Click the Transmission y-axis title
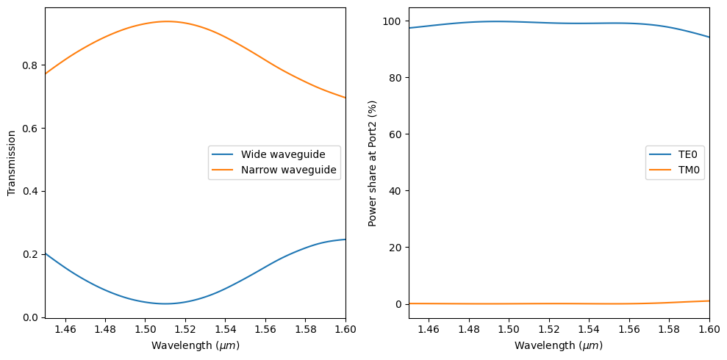pyautogui.click(x=12, y=163)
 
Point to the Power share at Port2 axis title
pyautogui.click(x=373, y=163)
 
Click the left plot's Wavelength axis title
pyautogui.click(x=196, y=345)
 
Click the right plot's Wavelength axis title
pyautogui.click(x=559, y=345)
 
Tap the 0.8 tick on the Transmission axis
pyautogui.click(x=29, y=65)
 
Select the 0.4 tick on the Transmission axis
pyautogui.click(x=29, y=191)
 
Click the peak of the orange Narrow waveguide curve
pyautogui.click(x=166, y=21)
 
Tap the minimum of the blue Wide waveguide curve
pyautogui.click(x=166, y=303)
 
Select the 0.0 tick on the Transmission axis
pyautogui.click(x=29, y=317)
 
